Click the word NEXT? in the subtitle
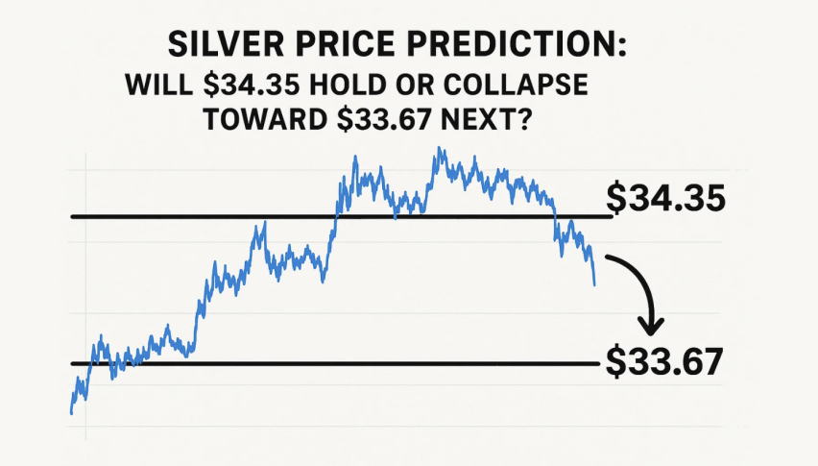click(x=514, y=123)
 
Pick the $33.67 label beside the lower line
click(x=663, y=362)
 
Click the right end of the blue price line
click(x=595, y=284)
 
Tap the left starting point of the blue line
click(x=71, y=413)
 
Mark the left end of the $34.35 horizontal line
click(x=72, y=216)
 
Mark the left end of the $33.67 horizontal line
click(x=72, y=363)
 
